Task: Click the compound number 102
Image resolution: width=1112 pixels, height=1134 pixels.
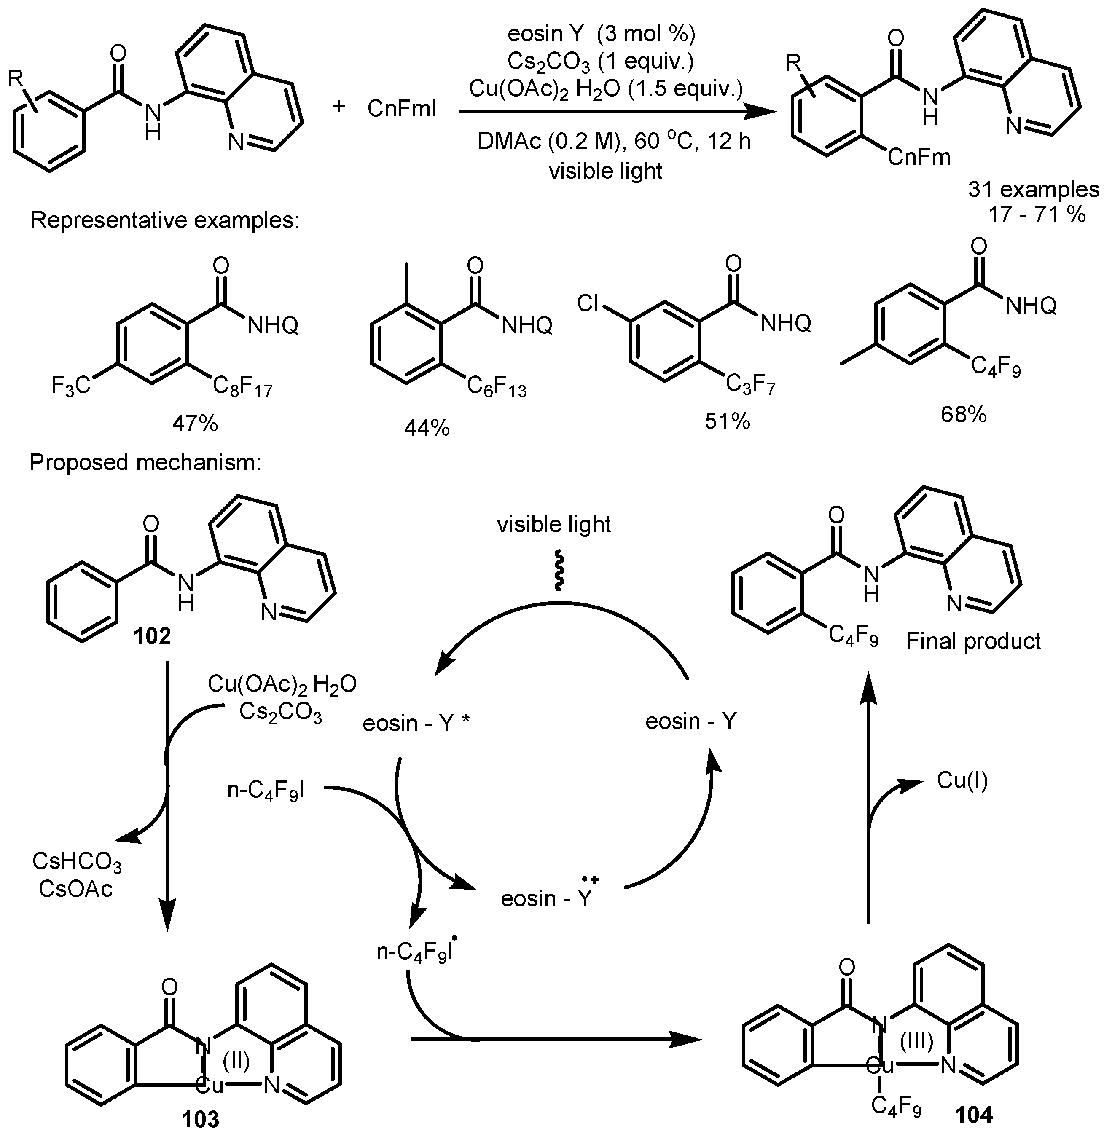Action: pyautogui.click(x=153, y=636)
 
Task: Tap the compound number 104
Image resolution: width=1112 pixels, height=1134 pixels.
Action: pyautogui.click(x=974, y=1114)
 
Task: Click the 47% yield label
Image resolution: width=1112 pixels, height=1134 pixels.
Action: pyautogui.click(x=194, y=424)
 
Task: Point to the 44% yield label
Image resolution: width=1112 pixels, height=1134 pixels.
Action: pyautogui.click(x=427, y=428)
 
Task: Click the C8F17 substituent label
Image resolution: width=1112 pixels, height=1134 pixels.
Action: pyautogui.click(x=242, y=386)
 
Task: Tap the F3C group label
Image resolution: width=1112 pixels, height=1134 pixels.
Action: pyautogui.click(x=71, y=386)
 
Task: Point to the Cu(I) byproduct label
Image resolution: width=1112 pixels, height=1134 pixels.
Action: pyautogui.click(x=962, y=780)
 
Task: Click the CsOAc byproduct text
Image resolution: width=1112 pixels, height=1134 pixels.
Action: pyautogui.click(x=76, y=889)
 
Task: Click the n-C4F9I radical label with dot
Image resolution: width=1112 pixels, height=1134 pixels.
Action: pyautogui.click(x=416, y=951)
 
